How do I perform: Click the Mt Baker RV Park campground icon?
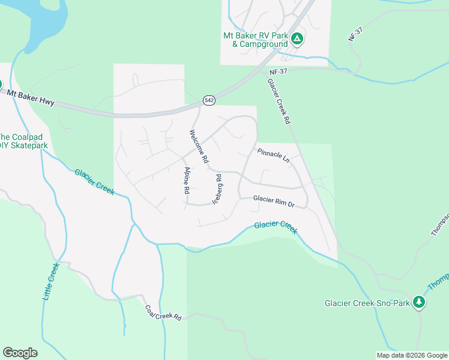tap(297, 40)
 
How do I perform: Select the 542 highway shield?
tap(209, 101)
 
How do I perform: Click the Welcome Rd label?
tap(199, 146)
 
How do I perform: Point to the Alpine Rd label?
tap(187, 178)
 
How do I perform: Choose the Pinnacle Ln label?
tap(273, 156)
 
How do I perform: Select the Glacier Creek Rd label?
tap(279, 101)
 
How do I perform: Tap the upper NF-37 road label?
tap(356, 34)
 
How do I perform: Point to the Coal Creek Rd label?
tap(163, 313)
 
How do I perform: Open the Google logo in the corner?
tap(20, 352)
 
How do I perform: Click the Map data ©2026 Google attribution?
tap(412, 355)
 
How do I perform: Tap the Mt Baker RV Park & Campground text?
tap(255, 40)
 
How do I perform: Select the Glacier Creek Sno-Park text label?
tap(367, 303)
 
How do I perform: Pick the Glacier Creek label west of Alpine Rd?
tap(95, 181)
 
